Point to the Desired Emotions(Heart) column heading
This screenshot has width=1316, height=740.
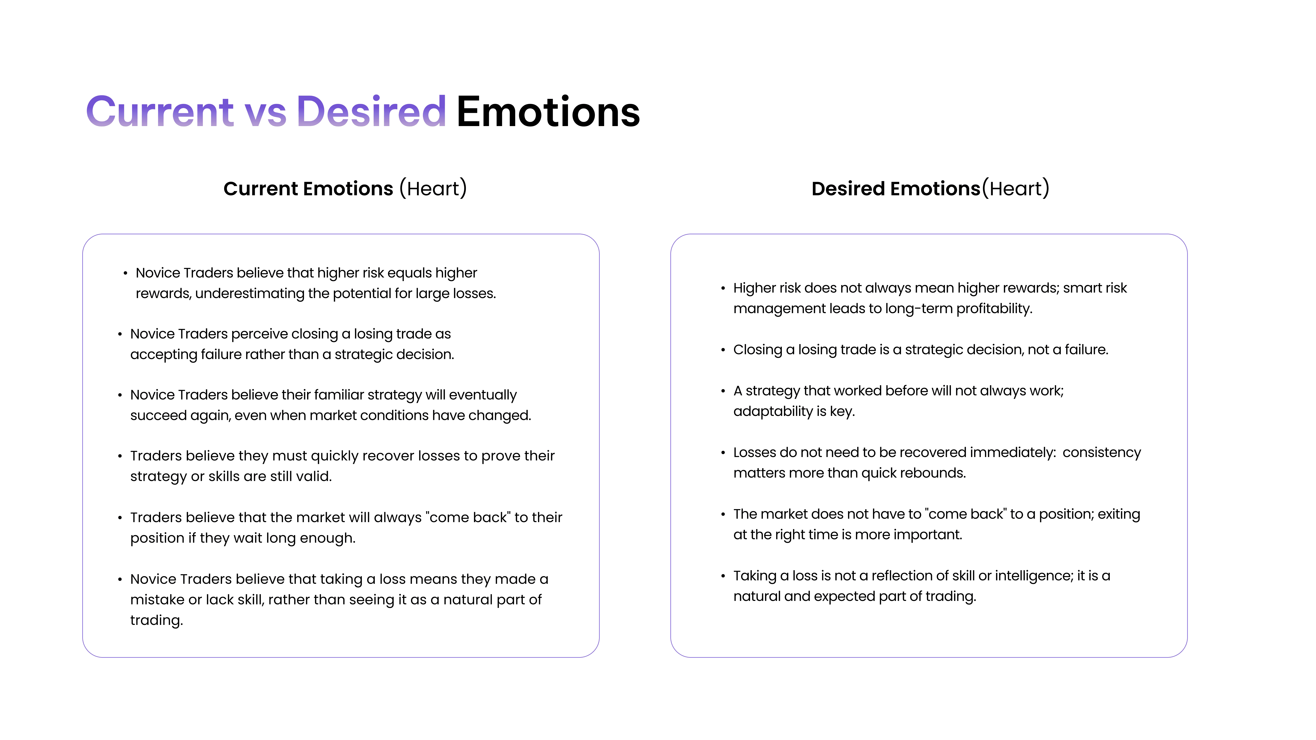pyautogui.click(x=930, y=188)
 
